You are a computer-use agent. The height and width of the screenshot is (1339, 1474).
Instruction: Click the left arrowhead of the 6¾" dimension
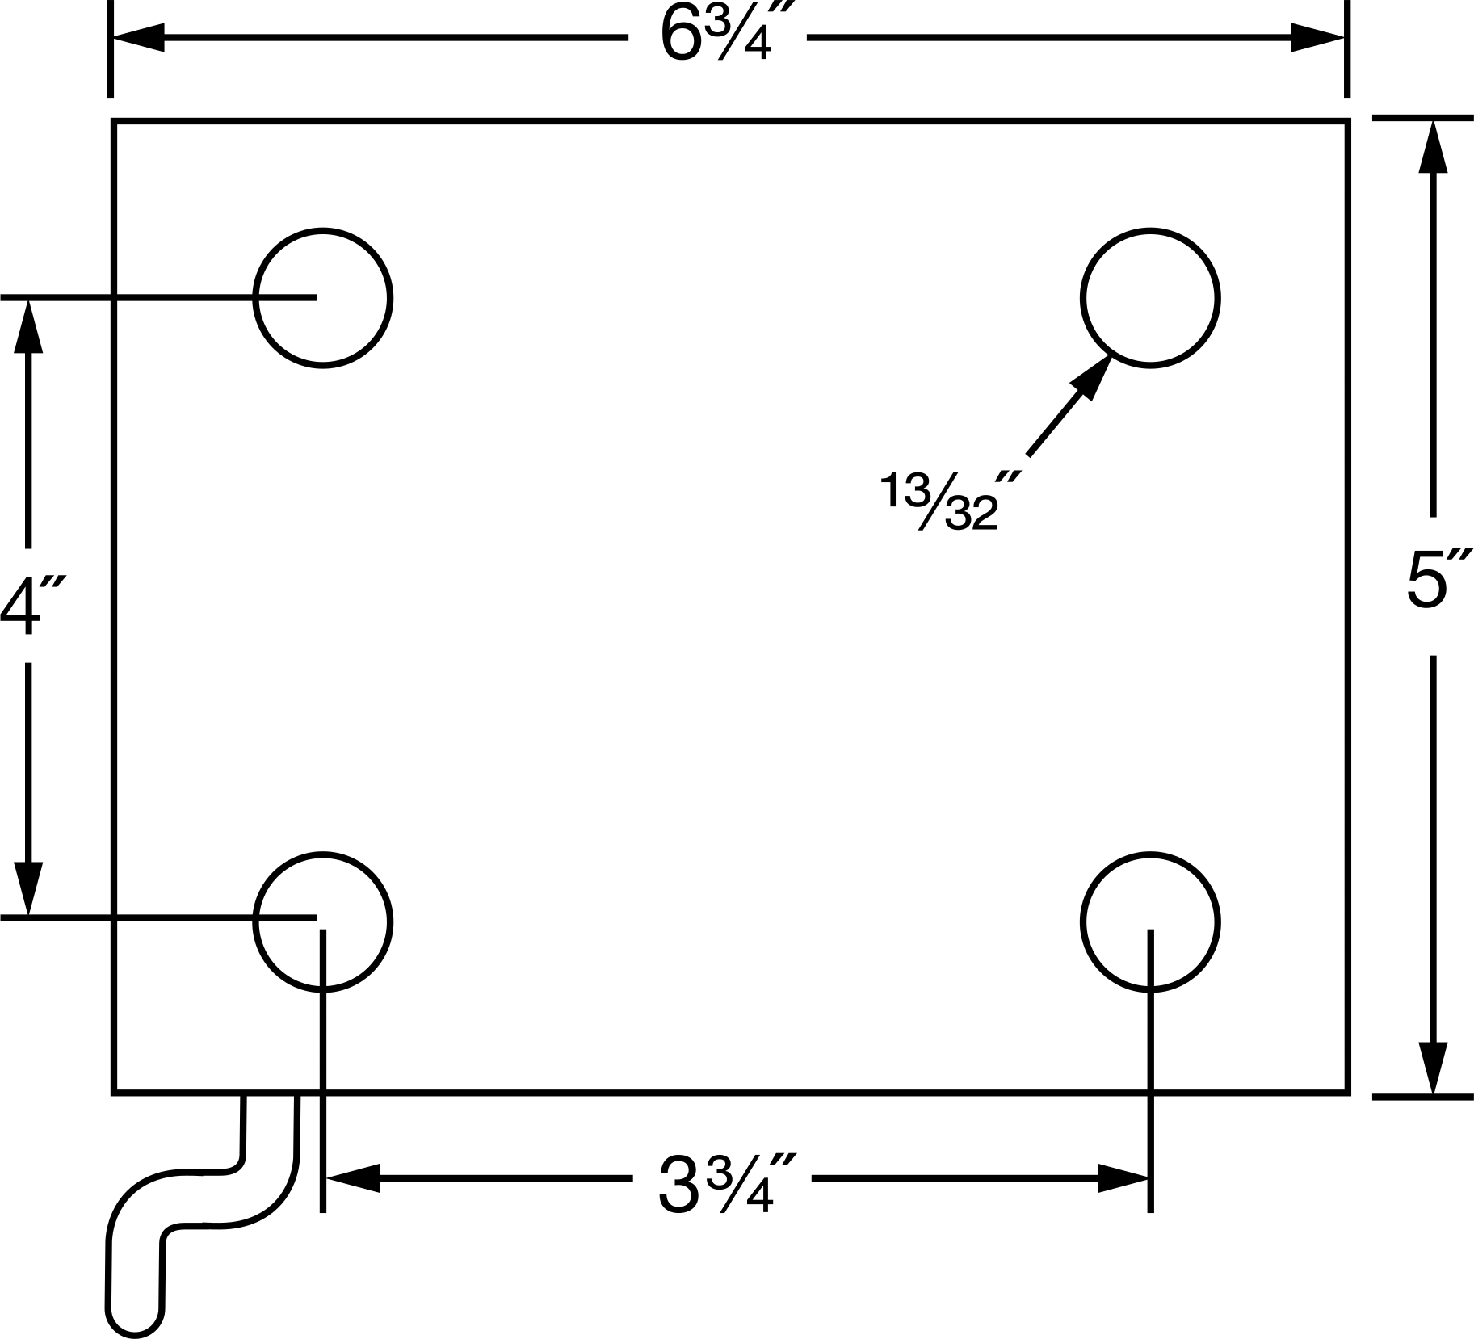138,37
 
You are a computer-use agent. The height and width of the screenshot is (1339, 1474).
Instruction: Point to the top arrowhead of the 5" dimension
1434,146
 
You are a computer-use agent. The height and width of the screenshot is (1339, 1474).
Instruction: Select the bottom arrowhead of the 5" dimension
1434,1068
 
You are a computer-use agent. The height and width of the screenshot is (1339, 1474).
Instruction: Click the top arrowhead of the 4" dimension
28,327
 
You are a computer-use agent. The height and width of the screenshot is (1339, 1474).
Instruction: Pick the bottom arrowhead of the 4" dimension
28,888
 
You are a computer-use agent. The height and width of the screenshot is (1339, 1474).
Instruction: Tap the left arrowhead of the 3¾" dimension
351,1178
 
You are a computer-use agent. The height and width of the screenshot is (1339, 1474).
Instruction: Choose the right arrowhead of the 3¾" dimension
1123,1178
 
